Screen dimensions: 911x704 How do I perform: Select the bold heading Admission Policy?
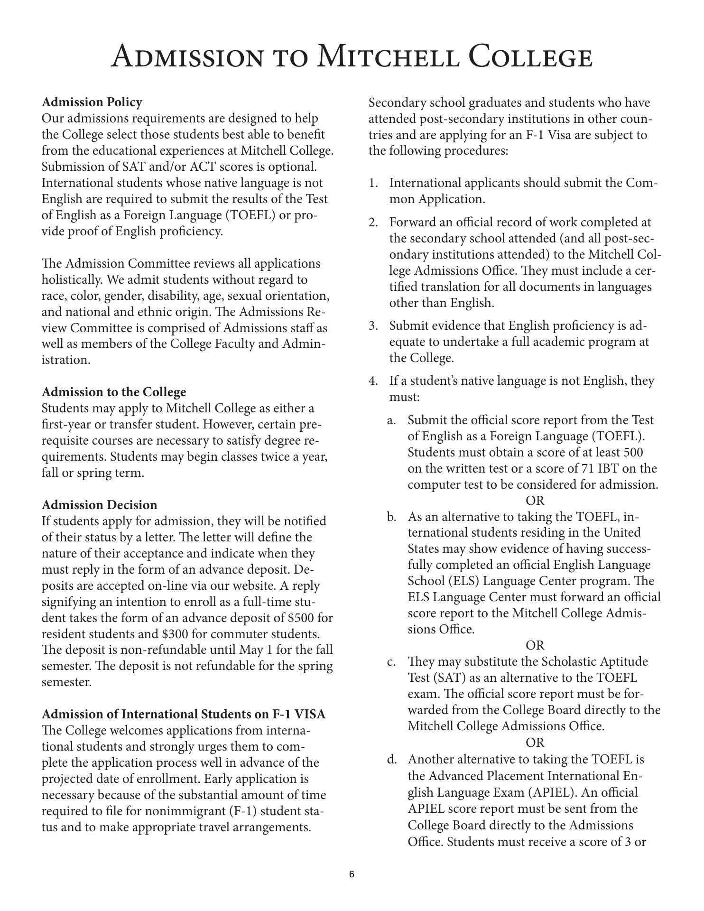tap(92, 102)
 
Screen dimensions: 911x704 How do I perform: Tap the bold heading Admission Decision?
tap(99, 504)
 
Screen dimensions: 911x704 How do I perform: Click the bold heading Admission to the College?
tap(114, 392)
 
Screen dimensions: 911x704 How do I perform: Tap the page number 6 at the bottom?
tap(352, 874)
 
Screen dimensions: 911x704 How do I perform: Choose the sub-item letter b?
tap(391, 517)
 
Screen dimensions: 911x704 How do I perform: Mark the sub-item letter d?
tap(392, 759)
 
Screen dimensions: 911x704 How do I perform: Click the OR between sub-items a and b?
tap(535, 501)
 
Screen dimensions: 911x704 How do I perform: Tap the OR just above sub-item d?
tap(535, 742)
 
